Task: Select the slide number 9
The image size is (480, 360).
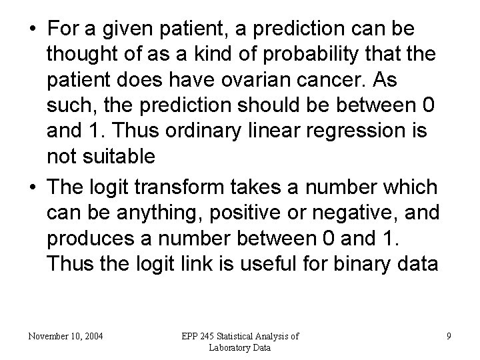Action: pyautogui.click(x=449, y=336)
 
